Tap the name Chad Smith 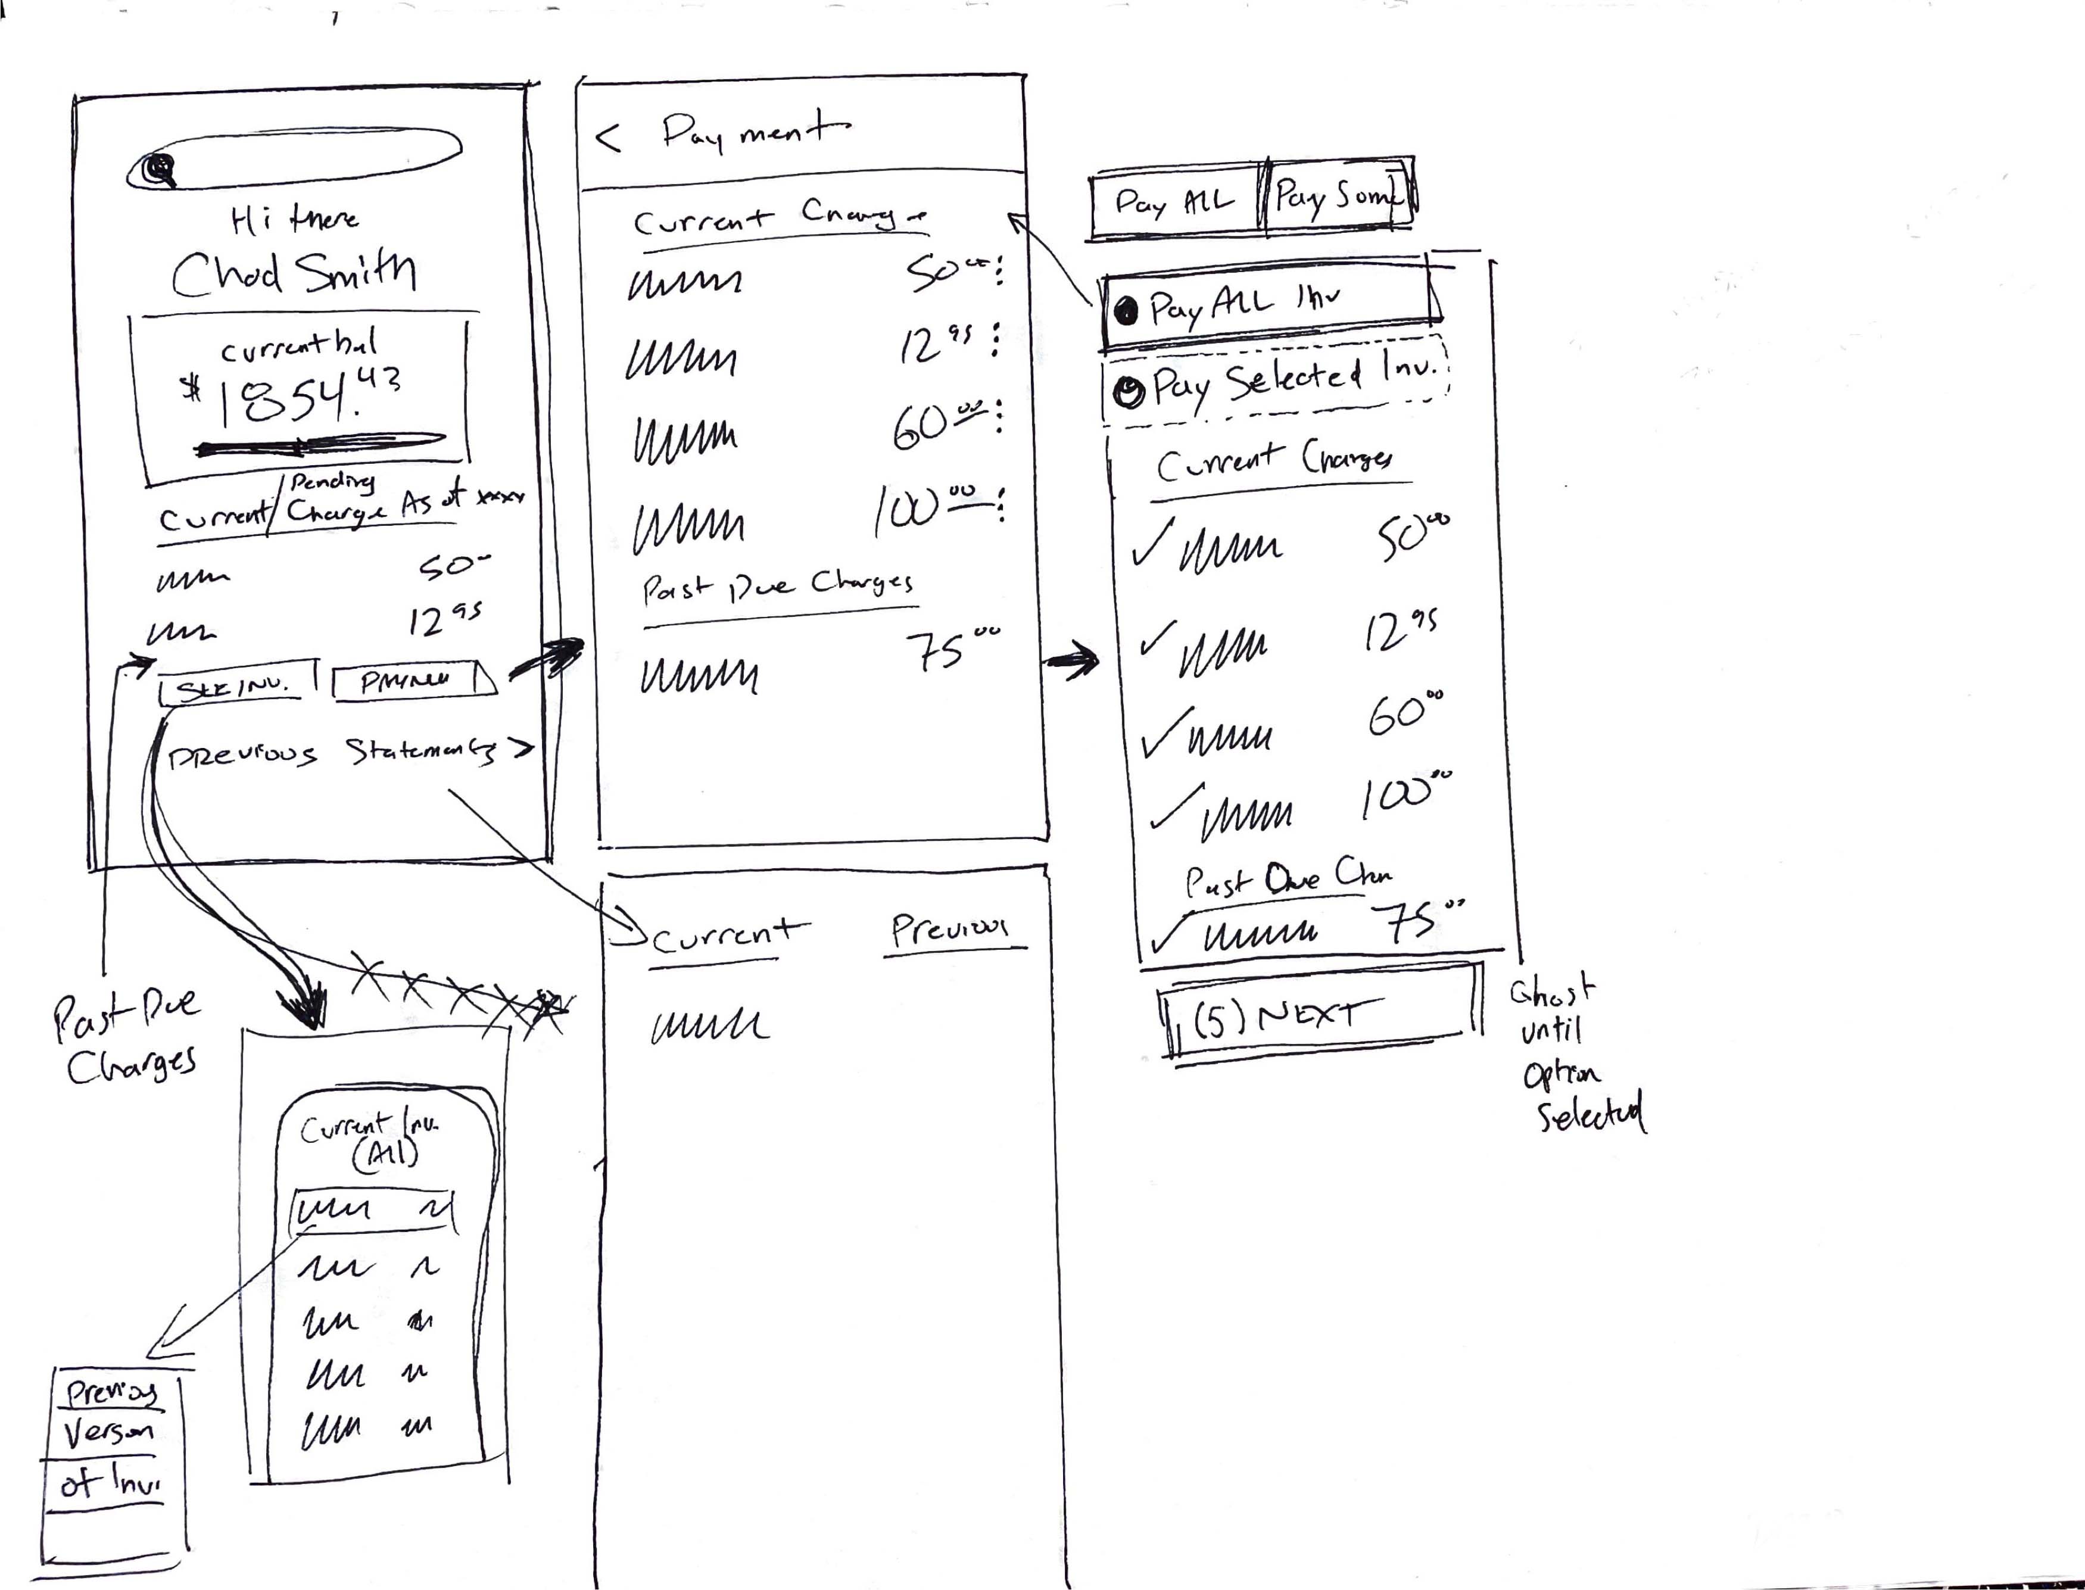[294, 273]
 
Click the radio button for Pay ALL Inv [1126, 310]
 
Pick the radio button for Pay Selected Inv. [1128, 390]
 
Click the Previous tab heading [949, 930]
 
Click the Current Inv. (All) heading [370, 1140]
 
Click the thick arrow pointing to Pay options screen [1073, 660]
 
